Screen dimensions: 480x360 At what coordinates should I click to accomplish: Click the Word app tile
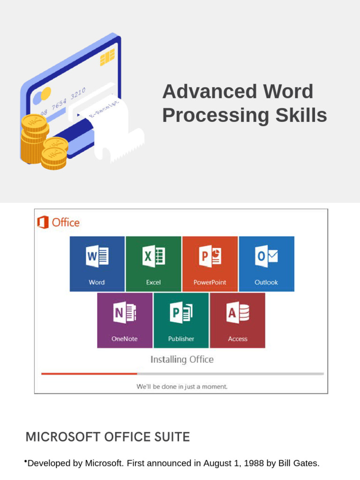(x=97, y=263)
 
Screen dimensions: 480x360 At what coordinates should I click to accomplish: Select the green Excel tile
(x=153, y=263)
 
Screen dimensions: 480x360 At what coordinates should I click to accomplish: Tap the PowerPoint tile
(x=210, y=263)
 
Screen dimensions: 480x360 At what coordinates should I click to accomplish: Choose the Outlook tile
(x=266, y=263)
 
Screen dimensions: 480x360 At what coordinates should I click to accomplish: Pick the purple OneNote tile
(x=125, y=320)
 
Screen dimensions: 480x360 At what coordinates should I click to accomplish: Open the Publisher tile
(x=181, y=320)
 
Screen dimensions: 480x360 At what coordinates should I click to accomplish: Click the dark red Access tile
(x=237, y=320)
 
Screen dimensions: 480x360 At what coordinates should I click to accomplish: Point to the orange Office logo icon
(x=43, y=222)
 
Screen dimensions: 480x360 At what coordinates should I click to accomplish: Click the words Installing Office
(x=182, y=360)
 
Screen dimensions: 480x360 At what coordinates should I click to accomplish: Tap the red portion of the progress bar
(x=89, y=374)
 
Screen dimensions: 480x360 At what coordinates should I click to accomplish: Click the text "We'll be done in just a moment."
(x=182, y=387)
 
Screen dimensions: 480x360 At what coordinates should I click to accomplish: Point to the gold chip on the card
(x=107, y=57)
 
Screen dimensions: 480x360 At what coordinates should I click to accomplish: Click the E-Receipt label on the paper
(x=104, y=109)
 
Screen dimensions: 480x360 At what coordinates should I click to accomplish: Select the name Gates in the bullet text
(x=306, y=464)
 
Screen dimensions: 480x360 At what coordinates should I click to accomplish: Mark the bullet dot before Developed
(x=25, y=463)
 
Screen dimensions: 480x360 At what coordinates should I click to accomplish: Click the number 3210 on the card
(x=78, y=93)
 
